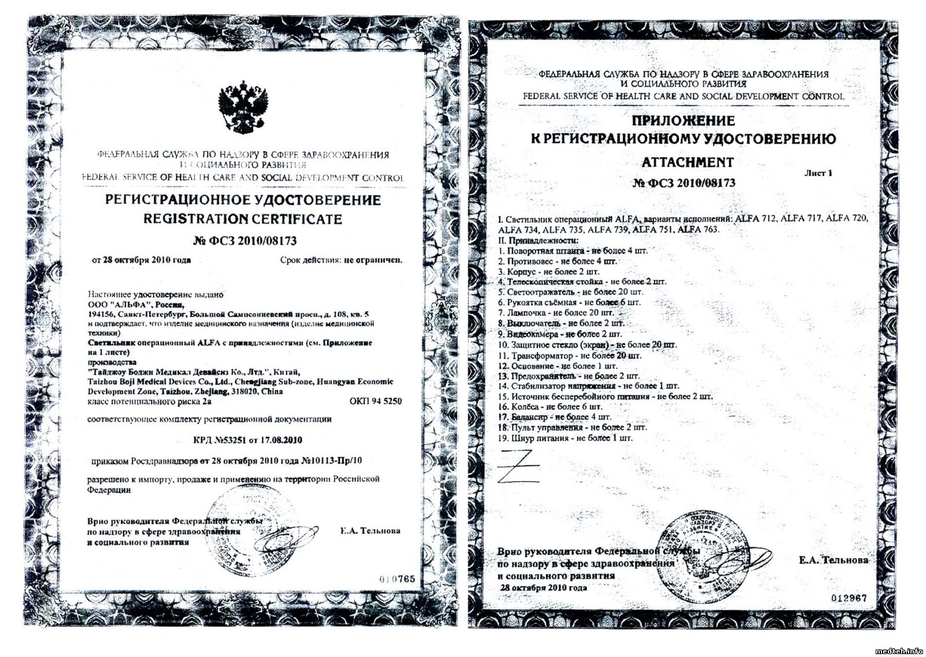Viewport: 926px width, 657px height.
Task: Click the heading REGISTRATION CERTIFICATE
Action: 242,219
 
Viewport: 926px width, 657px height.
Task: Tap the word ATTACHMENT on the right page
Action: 688,163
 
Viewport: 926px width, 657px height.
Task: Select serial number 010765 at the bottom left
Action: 397,579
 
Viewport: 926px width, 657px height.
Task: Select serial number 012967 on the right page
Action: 849,598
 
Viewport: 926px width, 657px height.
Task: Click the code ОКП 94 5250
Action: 375,401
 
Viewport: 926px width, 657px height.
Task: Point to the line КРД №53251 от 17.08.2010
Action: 247,440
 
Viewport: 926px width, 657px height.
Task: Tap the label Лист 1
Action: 818,173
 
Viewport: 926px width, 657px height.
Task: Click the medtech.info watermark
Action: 899,651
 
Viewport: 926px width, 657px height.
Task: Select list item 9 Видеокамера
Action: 560,334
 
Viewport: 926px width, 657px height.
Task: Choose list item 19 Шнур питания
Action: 565,438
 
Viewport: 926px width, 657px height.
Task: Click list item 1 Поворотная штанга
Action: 572,251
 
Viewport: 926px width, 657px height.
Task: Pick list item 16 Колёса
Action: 550,407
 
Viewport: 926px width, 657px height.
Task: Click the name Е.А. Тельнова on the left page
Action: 370,531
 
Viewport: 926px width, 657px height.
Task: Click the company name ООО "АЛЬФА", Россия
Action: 136,305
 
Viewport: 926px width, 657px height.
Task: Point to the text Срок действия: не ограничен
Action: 341,260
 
